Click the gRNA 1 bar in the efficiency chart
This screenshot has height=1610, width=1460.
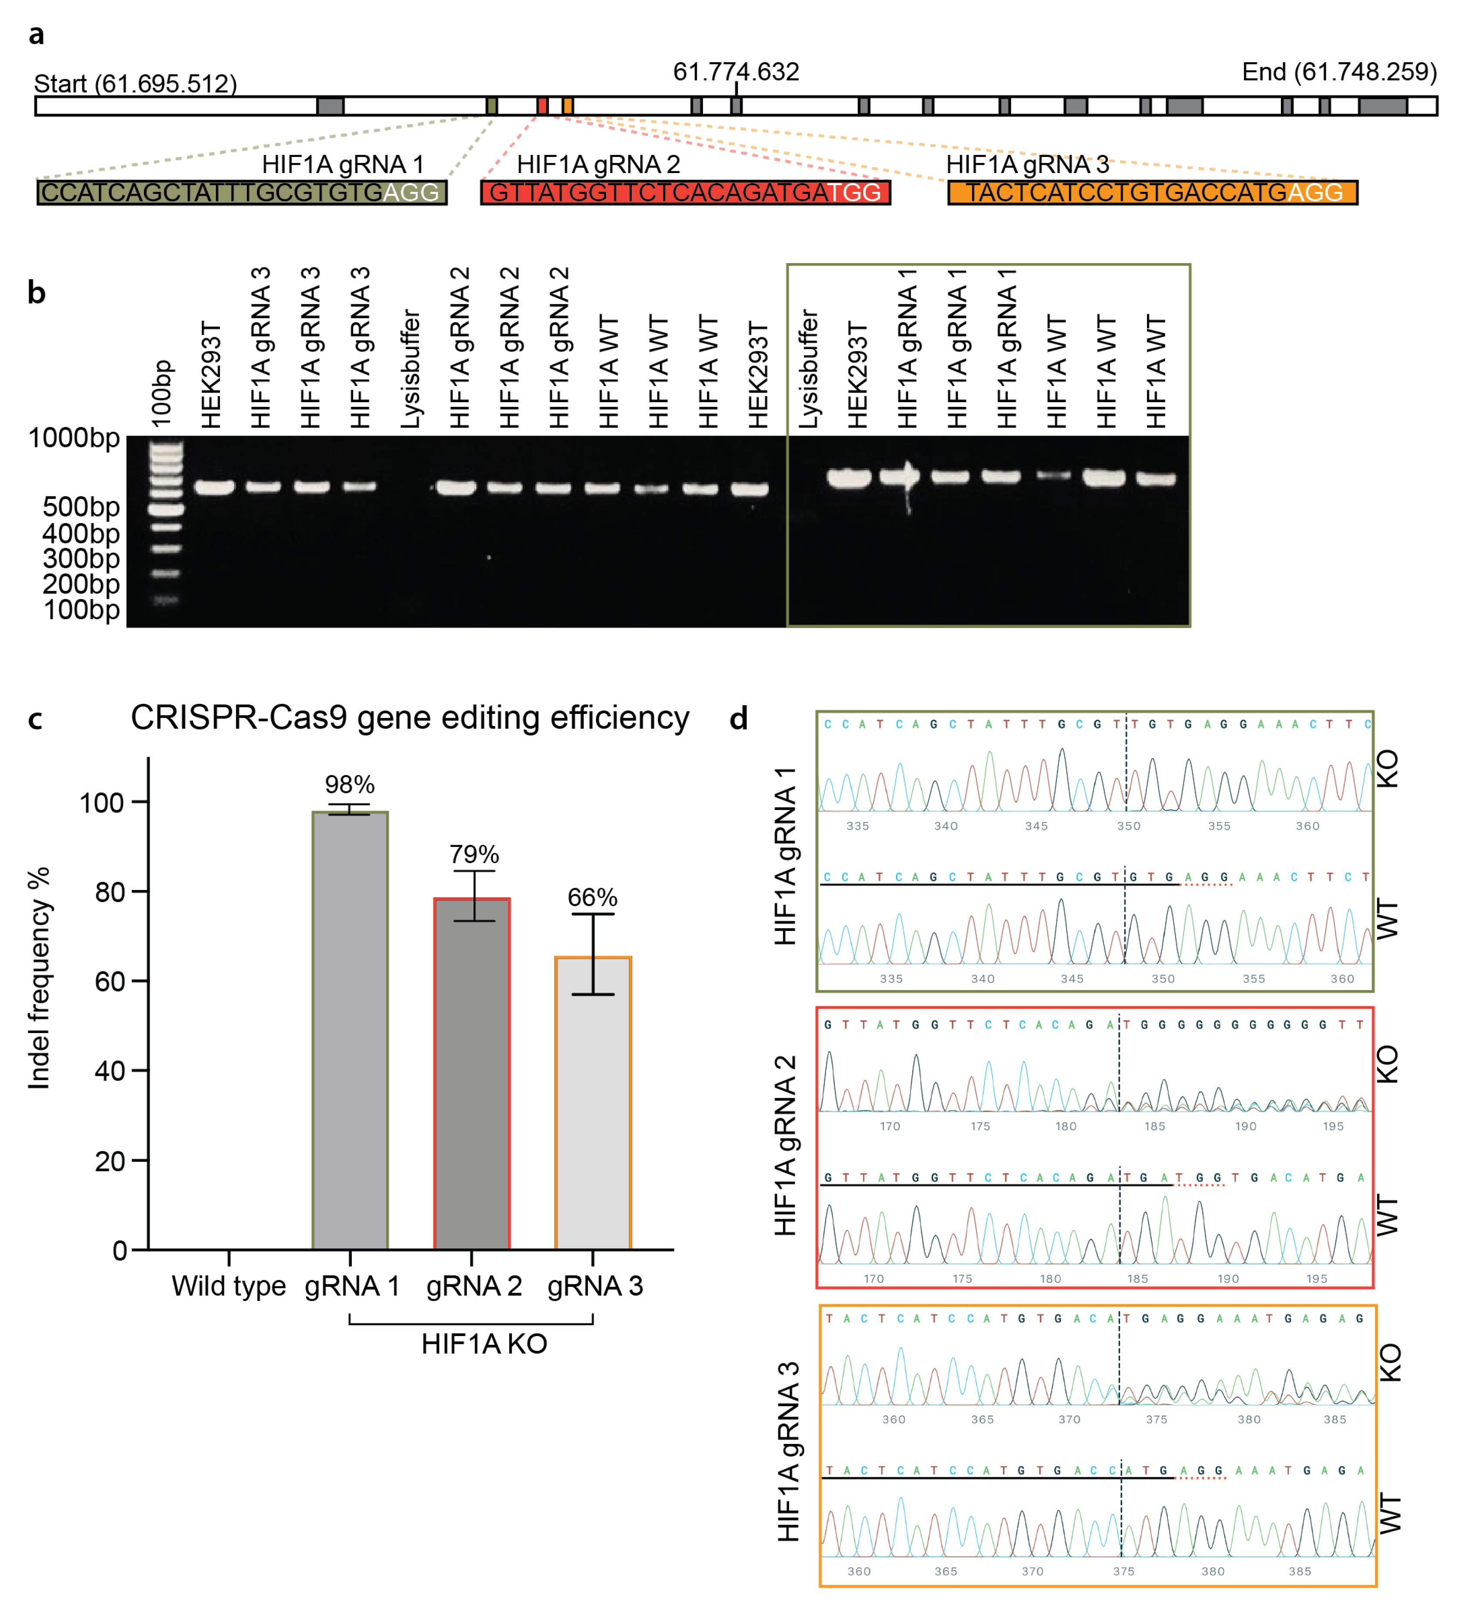(x=350, y=1030)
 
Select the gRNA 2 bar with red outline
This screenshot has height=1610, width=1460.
(x=471, y=1074)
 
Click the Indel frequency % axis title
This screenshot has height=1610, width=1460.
(x=38, y=978)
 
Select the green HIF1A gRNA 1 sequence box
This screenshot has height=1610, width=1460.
(x=241, y=193)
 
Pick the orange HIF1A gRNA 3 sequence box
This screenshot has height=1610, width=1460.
(x=1152, y=193)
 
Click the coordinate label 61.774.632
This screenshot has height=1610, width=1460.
(x=736, y=72)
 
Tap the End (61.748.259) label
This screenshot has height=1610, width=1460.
(x=1339, y=72)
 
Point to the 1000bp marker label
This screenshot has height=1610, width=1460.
(x=73, y=438)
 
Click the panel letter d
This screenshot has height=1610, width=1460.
(x=739, y=719)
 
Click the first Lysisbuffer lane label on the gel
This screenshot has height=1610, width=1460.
(x=410, y=369)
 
